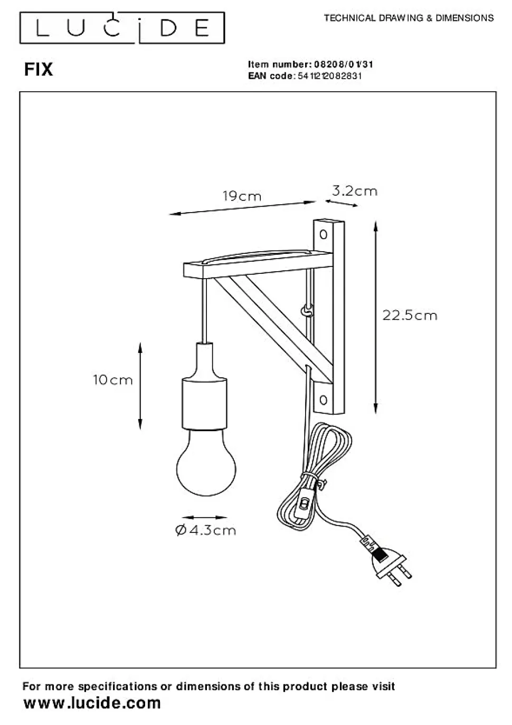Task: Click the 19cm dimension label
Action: (x=242, y=196)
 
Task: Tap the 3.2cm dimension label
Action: (x=355, y=191)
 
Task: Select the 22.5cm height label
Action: (x=410, y=315)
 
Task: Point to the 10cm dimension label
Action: (x=113, y=380)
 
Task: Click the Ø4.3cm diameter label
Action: (x=205, y=530)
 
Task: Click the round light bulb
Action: (x=206, y=463)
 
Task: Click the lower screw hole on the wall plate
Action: (x=323, y=400)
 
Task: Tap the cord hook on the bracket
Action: (x=307, y=312)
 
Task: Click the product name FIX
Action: (x=39, y=70)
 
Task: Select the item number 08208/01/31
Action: (x=344, y=64)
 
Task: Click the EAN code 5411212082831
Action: (x=329, y=76)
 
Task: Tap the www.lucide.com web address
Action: (x=92, y=703)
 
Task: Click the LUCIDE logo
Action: (x=122, y=28)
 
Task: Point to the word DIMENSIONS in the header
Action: (x=464, y=18)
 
